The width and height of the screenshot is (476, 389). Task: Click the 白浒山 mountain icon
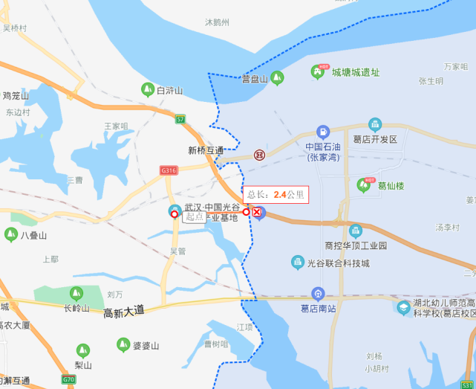pyautogui.click(x=148, y=89)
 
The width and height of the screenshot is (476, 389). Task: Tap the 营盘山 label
pyautogui.click(x=254, y=79)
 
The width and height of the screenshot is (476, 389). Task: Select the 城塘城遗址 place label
pyautogui.click(x=355, y=72)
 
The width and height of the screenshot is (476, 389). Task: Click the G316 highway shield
pyautogui.click(x=169, y=170)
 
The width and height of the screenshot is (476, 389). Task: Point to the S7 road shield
pyautogui.click(x=180, y=119)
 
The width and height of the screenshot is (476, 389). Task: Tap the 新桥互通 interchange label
pyautogui.click(x=206, y=150)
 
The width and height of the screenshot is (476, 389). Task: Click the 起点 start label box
pyautogui.click(x=195, y=216)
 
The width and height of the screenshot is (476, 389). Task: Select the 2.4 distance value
pyautogui.click(x=280, y=195)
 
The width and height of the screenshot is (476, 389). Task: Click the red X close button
pyautogui.click(x=257, y=213)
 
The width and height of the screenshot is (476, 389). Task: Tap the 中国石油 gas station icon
pyautogui.click(x=322, y=132)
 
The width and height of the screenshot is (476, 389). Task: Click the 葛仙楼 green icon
pyautogui.click(x=364, y=184)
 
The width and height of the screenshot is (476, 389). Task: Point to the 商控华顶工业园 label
pyautogui.click(x=356, y=245)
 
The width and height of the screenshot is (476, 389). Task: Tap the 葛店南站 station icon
pyautogui.click(x=318, y=294)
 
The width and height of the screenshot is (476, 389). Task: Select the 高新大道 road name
pyautogui.click(x=125, y=313)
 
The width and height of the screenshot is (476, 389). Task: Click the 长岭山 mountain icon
pyautogui.click(x=76, y=294)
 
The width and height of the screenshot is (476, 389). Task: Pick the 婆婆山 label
pyautogui.click(x=146, y=345)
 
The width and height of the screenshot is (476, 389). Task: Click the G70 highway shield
pyautogui.click(x=69, y=379)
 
